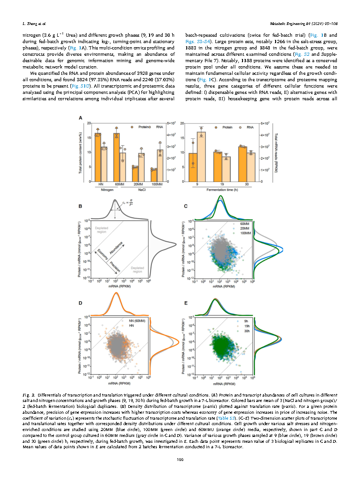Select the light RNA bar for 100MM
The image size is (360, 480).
[x=159, y=166]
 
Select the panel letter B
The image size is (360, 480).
[x=82, y=206]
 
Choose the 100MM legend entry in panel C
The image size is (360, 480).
[x=245, y=232]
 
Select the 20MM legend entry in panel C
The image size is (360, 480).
[x=245, y=228]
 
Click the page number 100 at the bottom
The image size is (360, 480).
[x=180, y=461]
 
